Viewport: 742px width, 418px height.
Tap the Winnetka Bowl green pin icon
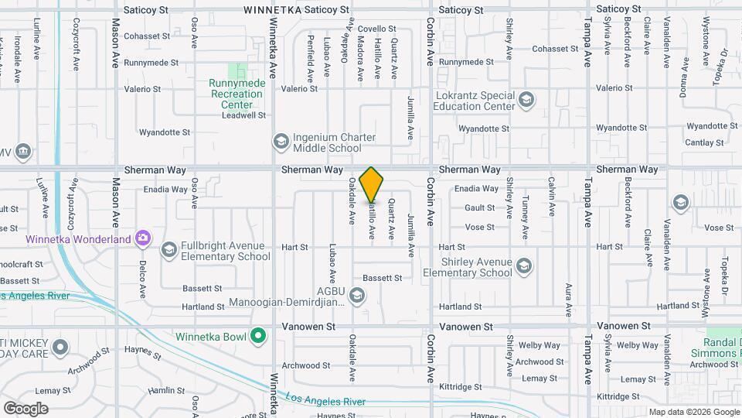click(260, 336)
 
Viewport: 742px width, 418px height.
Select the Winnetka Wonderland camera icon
click(142, 239)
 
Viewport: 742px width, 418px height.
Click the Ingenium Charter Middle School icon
click(280, 142)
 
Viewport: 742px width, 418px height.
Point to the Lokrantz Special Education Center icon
click(526, 99)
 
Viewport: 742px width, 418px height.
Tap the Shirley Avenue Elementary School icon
click(525, 266)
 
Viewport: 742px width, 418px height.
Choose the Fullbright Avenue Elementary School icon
click(168, 250)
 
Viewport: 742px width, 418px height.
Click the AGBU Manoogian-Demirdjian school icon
click(357, 294)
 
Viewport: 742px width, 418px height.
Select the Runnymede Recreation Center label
click(237, 94)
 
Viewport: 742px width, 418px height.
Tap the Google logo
click(26, 408)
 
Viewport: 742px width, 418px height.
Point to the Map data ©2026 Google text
click(694, 412)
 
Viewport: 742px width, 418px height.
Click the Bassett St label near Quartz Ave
click(383, 278)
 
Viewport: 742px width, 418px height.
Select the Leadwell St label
click(243, 115)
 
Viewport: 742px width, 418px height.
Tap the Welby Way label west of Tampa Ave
click(540, 345)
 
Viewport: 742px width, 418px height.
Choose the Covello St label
click(376, 29)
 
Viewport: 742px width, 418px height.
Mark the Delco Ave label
click(143, 279)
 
